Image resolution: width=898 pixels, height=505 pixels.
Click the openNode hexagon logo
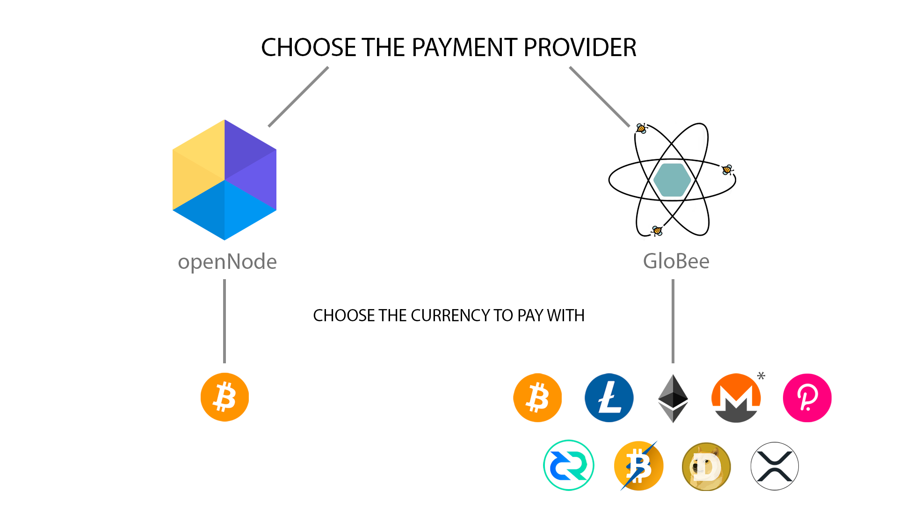(x=224, y=180)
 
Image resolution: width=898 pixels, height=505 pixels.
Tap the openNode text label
(x=227, y=261)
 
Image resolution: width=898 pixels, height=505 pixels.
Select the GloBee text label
(x=676, y=261)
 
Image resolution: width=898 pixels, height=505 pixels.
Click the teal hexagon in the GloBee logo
(x=672, y=180)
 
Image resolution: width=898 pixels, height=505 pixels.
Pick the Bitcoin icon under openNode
(x=224, y=397)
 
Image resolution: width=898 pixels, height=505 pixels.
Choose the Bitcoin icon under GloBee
(x=537, y=397)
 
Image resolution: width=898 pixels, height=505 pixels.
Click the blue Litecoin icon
(x=609, y=397)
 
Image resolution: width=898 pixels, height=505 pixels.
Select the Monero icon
(x=736, y=398)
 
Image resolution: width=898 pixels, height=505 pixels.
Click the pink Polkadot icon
(x=807, y=397)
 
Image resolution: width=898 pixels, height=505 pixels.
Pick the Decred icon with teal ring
(x=568, y=465)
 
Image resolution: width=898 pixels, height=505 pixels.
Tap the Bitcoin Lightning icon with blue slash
(x=638, y=466)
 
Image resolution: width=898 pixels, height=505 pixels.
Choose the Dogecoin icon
(x=706, y=466)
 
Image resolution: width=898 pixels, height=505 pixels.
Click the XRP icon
(x=775, y=466)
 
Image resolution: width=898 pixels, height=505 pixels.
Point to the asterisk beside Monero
(x=761, y=375)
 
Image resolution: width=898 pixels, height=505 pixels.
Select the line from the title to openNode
(x=298, y=97)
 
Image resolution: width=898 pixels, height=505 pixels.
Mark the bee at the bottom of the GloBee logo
(x=657, y=231)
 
